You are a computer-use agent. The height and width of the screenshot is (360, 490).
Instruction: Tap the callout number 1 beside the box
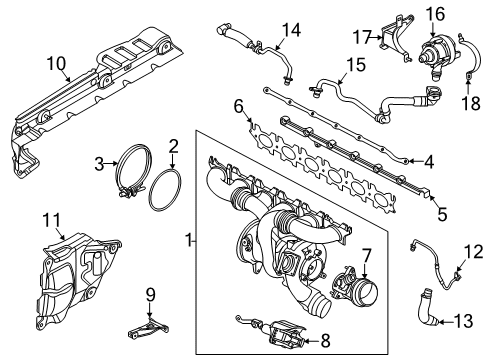pos(186,268)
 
